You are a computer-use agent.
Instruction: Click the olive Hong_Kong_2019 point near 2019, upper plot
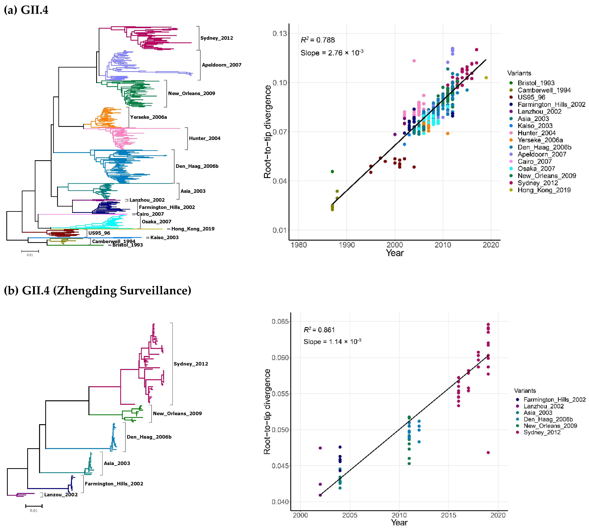pos(486,78)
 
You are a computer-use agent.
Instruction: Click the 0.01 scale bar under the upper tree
pos(30,251)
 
